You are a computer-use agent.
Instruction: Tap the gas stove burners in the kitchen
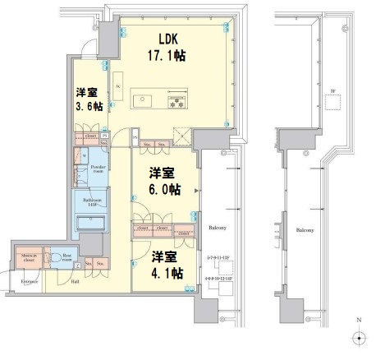pyautogui.click(x=176, y=101)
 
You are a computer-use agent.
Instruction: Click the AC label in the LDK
pyautogui.click(x=119, y=85)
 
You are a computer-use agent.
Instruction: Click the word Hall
pyautogui.click(x=75, y=282)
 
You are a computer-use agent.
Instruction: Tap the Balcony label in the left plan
pyautogui.click(x=216, y=228)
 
